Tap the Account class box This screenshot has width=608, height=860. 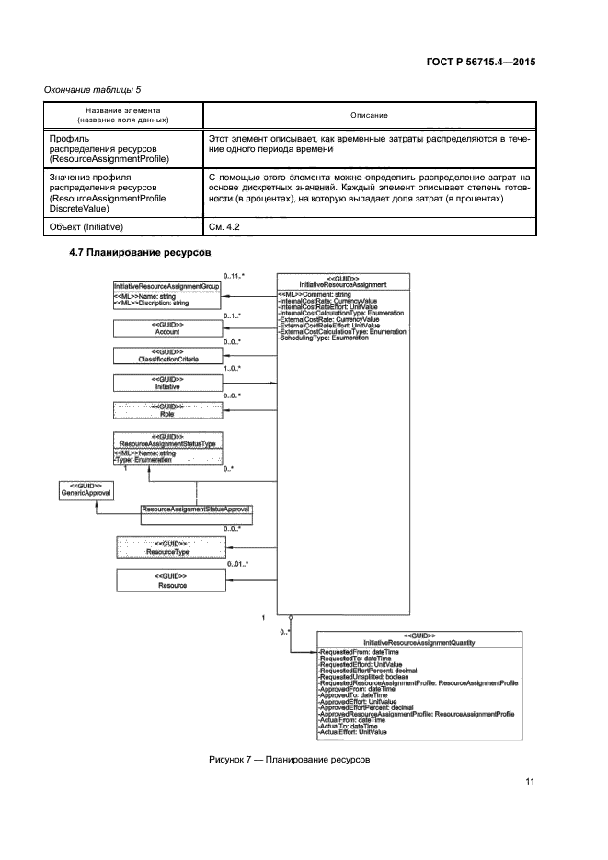[166, 328]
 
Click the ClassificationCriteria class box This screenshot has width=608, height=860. [166, 355]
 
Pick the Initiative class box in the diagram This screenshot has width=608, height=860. [166, 383]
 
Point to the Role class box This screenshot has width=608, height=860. [166, 410]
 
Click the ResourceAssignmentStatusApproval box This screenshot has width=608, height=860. [195, 509]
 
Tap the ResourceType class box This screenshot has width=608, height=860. [171, 548]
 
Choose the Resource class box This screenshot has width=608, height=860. [171, 580]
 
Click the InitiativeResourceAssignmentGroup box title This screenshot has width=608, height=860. [166, 286]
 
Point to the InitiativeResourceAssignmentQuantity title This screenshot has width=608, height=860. [419, 640]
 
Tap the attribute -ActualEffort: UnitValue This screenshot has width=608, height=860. [353, 732]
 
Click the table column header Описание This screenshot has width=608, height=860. [369, 115]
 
